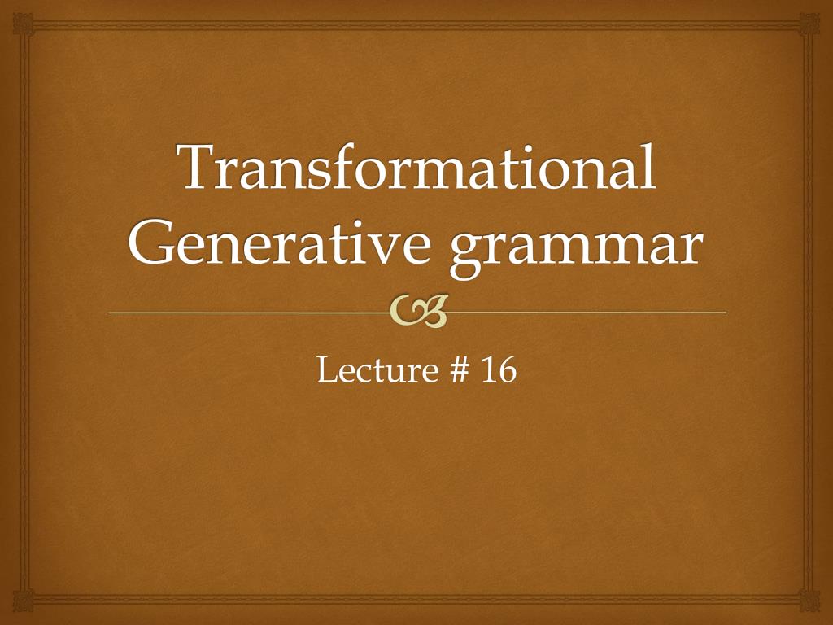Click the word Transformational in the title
(417, 167)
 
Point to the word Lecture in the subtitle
(374, 371)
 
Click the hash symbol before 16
(459, 371)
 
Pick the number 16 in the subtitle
(498, 371)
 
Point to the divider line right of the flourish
(586, 312)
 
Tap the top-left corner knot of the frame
(23, 23)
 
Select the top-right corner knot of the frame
(810, 23)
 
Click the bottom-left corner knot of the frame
(23, 602)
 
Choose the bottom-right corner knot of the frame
(810, 602)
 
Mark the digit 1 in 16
(488, 371)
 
